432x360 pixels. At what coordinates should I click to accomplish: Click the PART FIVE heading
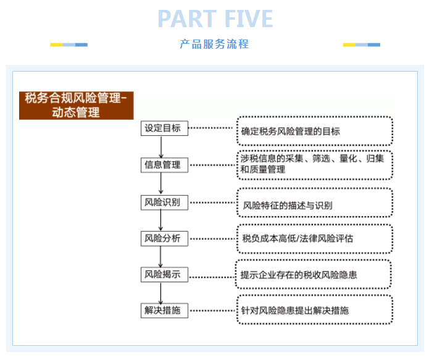(215, 19)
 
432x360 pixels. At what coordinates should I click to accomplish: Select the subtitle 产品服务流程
(214, 44)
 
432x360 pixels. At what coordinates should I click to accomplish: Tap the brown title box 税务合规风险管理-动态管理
(77, 106)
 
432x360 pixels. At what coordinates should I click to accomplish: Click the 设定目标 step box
(164, 128)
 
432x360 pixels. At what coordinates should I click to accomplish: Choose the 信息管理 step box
(164, 165)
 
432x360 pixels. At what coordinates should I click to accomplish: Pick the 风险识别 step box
(164, 203)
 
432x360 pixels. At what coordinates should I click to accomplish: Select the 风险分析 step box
(164, 238)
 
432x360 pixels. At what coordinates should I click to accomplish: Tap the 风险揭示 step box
(164, 275)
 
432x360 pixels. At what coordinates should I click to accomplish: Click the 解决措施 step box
(164, 311)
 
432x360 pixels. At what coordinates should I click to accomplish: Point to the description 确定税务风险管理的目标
(291, 132)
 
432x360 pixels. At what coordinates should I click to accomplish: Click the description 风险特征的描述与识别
(288, 206)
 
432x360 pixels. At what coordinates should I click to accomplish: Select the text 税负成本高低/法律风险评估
(297, 238)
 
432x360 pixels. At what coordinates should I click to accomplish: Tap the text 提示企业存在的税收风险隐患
(299, 275)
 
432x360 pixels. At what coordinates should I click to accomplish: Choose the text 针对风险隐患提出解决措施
(295, 311)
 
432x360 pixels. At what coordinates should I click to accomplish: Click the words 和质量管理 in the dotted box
(263, 169)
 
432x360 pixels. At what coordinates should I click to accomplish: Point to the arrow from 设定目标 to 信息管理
(161, 147)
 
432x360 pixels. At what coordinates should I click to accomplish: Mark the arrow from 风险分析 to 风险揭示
(160, 257)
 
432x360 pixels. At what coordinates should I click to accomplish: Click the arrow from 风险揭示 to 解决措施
(161, 293)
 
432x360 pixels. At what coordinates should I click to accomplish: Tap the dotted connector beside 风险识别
(212, 203)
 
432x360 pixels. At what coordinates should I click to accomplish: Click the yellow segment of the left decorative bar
(57, 44)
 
